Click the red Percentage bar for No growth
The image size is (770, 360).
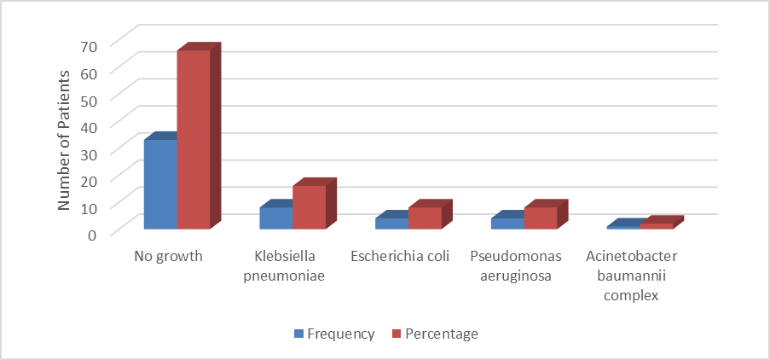tap(194, 140)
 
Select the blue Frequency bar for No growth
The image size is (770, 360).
tap(160, 184)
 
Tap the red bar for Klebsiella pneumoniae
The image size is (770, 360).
tap(310, 206)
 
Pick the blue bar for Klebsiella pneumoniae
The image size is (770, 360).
tap(276, 218)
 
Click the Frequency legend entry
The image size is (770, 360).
tap(334, 334)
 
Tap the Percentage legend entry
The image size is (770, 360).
tap(435, 334)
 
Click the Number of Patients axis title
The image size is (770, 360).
tap(64, 140)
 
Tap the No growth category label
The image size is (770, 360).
tap(169, 257)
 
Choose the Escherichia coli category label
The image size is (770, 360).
tap(400, 257)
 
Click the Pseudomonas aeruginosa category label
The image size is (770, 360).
tap(516, 266)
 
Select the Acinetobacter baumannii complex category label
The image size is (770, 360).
tap(631, 276)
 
